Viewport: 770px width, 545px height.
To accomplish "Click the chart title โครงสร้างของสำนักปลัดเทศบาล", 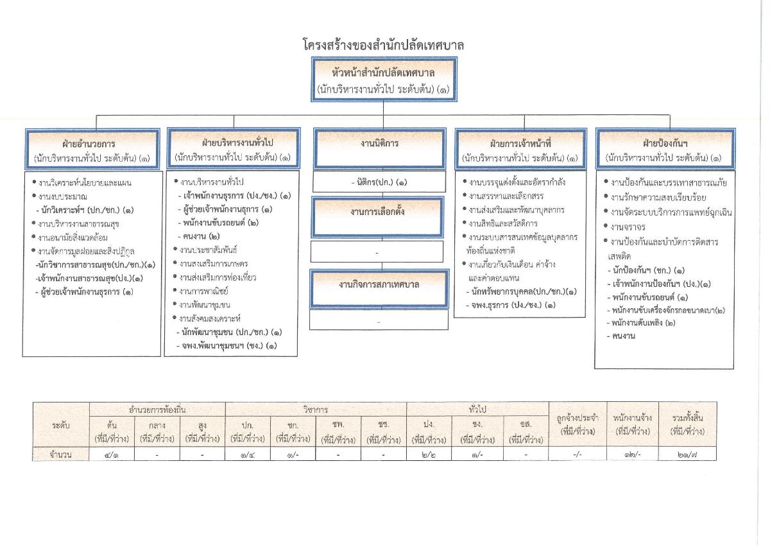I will [x=383, y=46].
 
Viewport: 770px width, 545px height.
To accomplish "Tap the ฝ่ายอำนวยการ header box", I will [x=94, y=149].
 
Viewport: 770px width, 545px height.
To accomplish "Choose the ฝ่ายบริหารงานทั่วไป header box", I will [x=232, y=149].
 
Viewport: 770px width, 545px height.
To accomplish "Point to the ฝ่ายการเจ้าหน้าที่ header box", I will [x=520, y=149].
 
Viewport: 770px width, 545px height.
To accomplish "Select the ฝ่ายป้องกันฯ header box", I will [x=664, y=149].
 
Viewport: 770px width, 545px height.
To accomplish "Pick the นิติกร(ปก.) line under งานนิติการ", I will [x=379, y=182].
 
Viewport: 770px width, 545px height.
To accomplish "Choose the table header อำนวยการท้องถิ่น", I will [x=157, y=409].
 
